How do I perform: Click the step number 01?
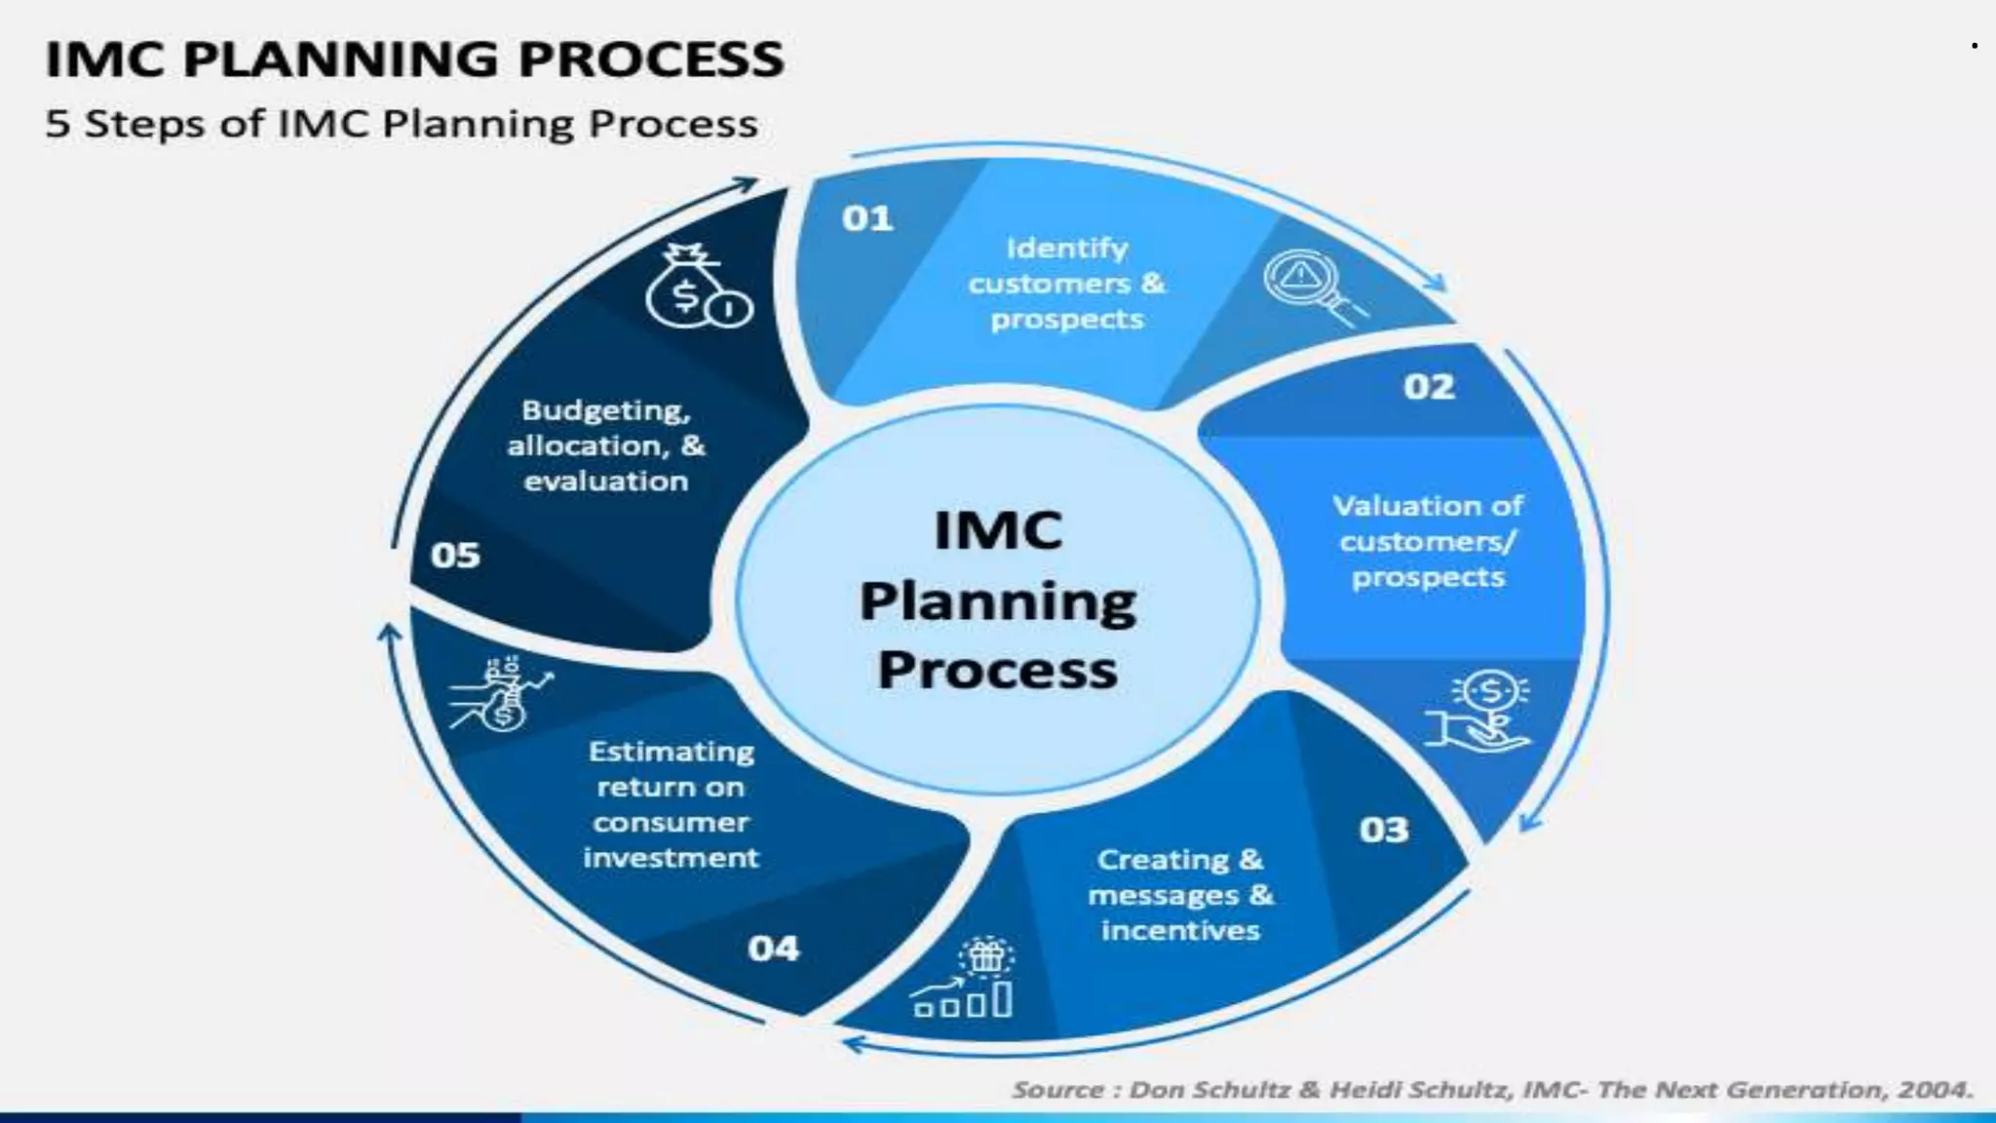(866, 218)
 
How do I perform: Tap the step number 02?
(1429, 387)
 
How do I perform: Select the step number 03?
(1384, 830)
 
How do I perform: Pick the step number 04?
(773, 949)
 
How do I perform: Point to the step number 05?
(455, 556)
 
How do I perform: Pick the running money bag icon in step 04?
(500, 694)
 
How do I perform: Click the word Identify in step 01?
(1066, 249)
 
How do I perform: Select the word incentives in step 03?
(1180, 931)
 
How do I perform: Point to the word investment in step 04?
(671, 858)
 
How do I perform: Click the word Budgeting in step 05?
(605, 410)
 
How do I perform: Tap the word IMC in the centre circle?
(997, 531)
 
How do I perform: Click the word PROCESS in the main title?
(650, 59)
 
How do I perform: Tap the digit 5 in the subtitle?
(58, 125)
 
